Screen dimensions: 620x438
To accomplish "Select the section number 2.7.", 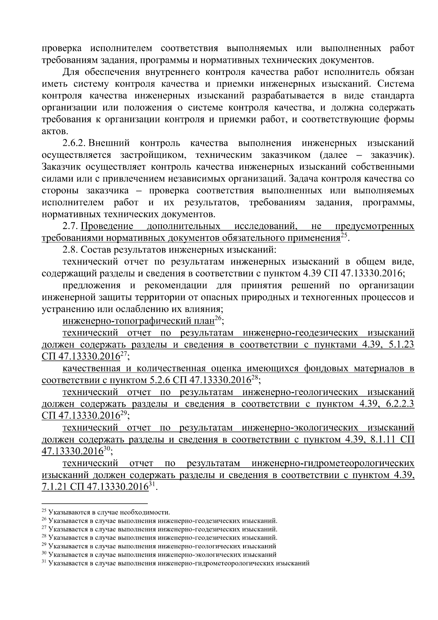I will tap(70, 226).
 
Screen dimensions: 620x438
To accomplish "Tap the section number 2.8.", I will tap(70, 250).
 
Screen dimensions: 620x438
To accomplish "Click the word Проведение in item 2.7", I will tap(107, 226).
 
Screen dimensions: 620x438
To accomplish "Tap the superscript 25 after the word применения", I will tap(344, 236).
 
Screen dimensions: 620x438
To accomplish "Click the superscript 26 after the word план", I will tap(218, 319).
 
